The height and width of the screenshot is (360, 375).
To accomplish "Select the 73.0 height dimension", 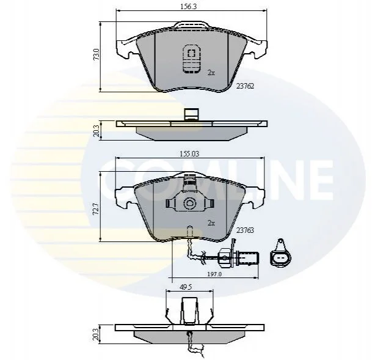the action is point(96,54).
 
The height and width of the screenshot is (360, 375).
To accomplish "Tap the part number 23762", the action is point(245,86).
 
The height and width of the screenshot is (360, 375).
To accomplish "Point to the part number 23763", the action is point(245,230).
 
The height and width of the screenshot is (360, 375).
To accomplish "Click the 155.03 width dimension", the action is point(189,153).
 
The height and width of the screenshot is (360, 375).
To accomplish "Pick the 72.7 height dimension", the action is point(96,209).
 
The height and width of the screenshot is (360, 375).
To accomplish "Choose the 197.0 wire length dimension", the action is point(214,274).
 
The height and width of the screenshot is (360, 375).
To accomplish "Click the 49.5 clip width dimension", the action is point(186,287).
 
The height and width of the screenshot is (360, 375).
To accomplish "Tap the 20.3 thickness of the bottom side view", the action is point(96,334).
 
